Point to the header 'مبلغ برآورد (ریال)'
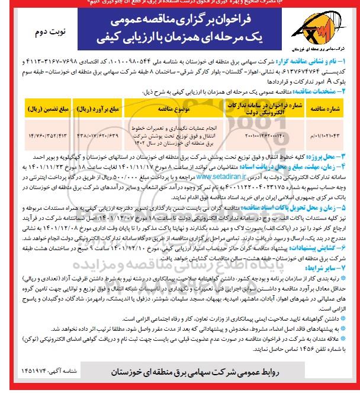[98, 109]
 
